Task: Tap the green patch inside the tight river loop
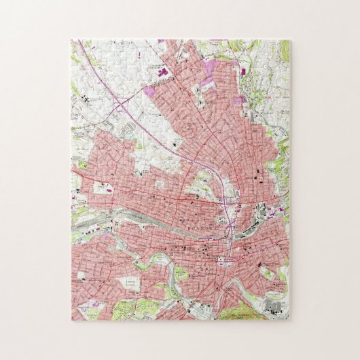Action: coord(181,275)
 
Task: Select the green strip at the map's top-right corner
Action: coord(284,51)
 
